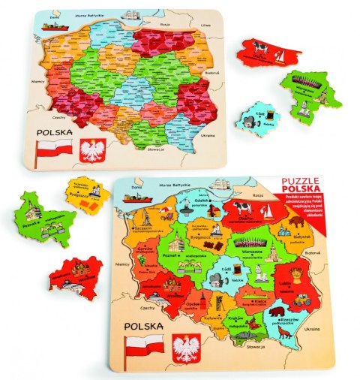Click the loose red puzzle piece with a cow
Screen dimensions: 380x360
(266, 53)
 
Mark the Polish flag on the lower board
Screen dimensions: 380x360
(143, 348)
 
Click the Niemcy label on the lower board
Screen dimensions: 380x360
(119, 264)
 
